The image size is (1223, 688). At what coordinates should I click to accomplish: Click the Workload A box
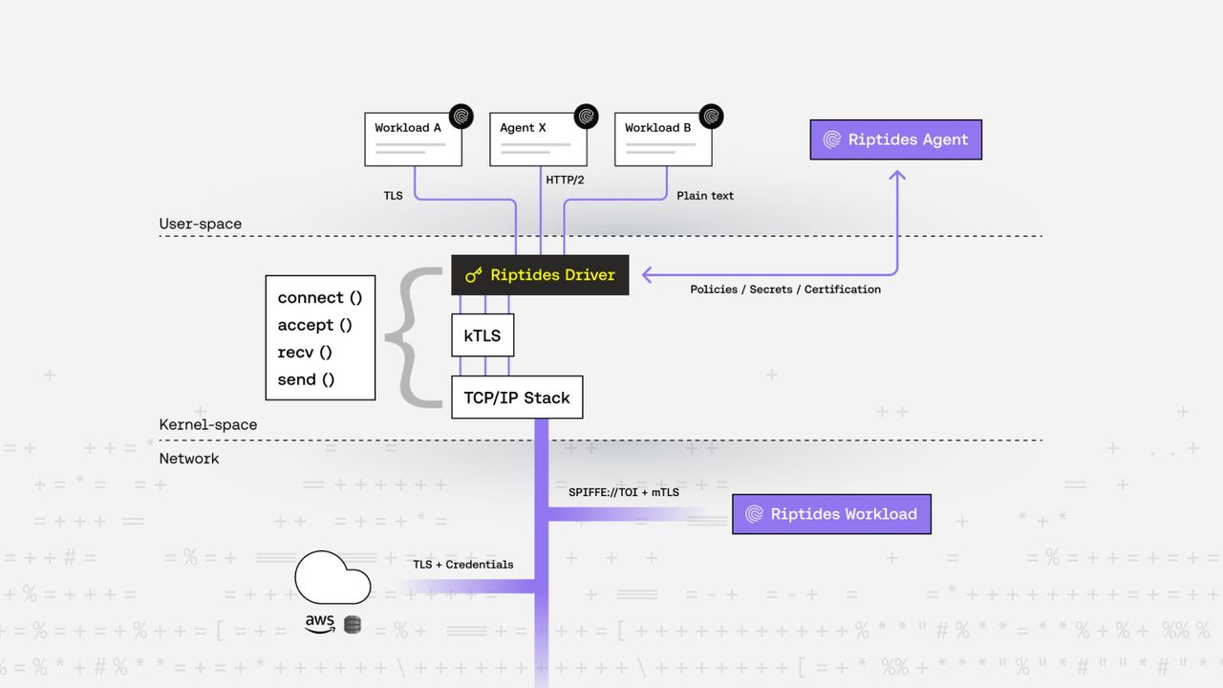pyautogui.click(x=413, y=140)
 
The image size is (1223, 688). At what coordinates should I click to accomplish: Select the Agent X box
pyautogui.click(x=538, y=140)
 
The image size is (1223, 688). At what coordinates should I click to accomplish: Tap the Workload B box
pyautogui.click(x=663, y=140)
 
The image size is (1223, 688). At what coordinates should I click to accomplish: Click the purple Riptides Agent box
pyautogui.click(x=895, y=140)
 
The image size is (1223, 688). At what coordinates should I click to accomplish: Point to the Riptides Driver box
pyautogui.click(x=540, y=275)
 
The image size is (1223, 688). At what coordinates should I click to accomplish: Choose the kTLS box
pyautogui.click(x=483, y=335)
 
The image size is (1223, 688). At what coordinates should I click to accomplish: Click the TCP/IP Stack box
pyautogui.click(x=517, y=398)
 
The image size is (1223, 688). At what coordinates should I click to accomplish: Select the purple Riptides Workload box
pyautogui.click(x=831, y=514)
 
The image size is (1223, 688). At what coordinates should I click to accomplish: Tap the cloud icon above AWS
pyautogui.click(x=333, y=577)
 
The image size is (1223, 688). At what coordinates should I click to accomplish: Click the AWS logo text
pyautogui.click(x=320, y=623)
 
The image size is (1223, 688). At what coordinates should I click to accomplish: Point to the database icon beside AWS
pyautogui.click(x=353, y=625)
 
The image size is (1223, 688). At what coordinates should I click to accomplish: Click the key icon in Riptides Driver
pyautogui.click(x=474, y=275)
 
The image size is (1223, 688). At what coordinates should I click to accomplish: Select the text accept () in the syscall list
pyautogui.click(x=315, y=325)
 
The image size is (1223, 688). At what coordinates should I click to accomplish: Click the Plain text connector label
pyautogui.click(x=705, y=196)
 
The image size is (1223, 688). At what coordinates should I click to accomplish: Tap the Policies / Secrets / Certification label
pyautogui.click(x=785, y=290)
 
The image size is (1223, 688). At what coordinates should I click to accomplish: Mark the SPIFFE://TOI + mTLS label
pyautogui.click(x=624, y=492)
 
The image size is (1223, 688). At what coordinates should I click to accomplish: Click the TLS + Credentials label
pyautogui.click(x=462, y=565)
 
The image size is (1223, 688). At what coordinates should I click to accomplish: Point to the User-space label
pyautogui.click(x=201, y=225)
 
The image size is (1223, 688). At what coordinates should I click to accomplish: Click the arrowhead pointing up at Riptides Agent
pyautogui.click(x=896, y=177)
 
